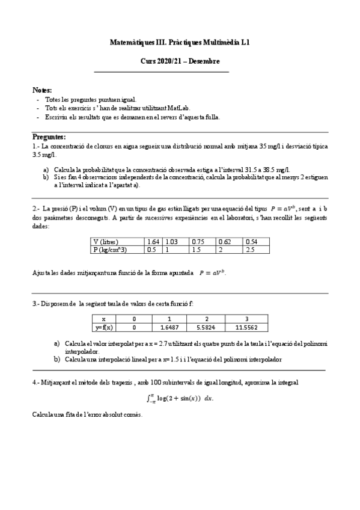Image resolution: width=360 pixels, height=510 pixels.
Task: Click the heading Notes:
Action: coord(42,89)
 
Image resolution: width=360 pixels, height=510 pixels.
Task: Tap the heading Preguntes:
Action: coord(49,137)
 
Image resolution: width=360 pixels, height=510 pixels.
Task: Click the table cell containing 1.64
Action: coord(155,242)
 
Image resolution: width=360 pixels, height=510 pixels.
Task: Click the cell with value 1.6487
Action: coord(170,328)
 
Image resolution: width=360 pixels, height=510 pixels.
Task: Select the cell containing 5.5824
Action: coord(206,328)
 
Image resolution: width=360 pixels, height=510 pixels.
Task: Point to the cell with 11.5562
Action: coord(246,328)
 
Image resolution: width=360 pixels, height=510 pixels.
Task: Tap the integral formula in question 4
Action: coord(180,398)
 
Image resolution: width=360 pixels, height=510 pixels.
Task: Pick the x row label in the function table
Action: coord(104,319)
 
